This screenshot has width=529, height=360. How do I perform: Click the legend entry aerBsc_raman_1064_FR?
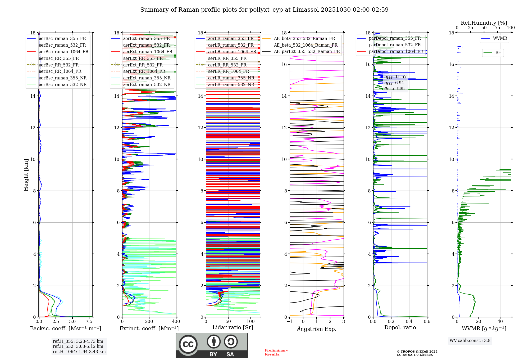coord(63,52)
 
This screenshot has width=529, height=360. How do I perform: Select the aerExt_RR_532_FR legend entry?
coord(143,65)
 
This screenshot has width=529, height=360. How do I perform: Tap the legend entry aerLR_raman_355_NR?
coord(231,78)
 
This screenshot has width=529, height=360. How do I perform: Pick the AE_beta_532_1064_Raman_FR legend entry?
coord(305,45)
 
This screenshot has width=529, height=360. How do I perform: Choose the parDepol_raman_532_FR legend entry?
coord(395,45)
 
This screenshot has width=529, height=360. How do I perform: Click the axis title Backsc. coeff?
coord(65,328)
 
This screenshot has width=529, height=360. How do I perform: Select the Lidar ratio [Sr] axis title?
coord(232,327)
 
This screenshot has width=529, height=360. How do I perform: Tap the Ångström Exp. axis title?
coord(316,329)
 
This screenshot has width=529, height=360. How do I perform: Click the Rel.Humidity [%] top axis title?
coord(484,23)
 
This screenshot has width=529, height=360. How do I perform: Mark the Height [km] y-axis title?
coord(26,175)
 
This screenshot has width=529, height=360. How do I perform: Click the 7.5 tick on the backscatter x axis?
coord(89,321)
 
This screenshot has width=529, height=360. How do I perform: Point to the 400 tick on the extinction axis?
coord(176,321)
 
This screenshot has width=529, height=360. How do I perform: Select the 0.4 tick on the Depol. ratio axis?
coord(409,321)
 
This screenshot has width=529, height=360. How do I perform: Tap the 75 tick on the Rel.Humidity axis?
coord(497,28)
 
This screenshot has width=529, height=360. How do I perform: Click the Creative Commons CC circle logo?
coord(188,344)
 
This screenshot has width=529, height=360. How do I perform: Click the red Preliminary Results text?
coord(276,352)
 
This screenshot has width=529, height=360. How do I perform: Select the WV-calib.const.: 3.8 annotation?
coord(470,341)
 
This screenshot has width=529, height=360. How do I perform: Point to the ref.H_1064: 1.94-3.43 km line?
coord(79,352)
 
